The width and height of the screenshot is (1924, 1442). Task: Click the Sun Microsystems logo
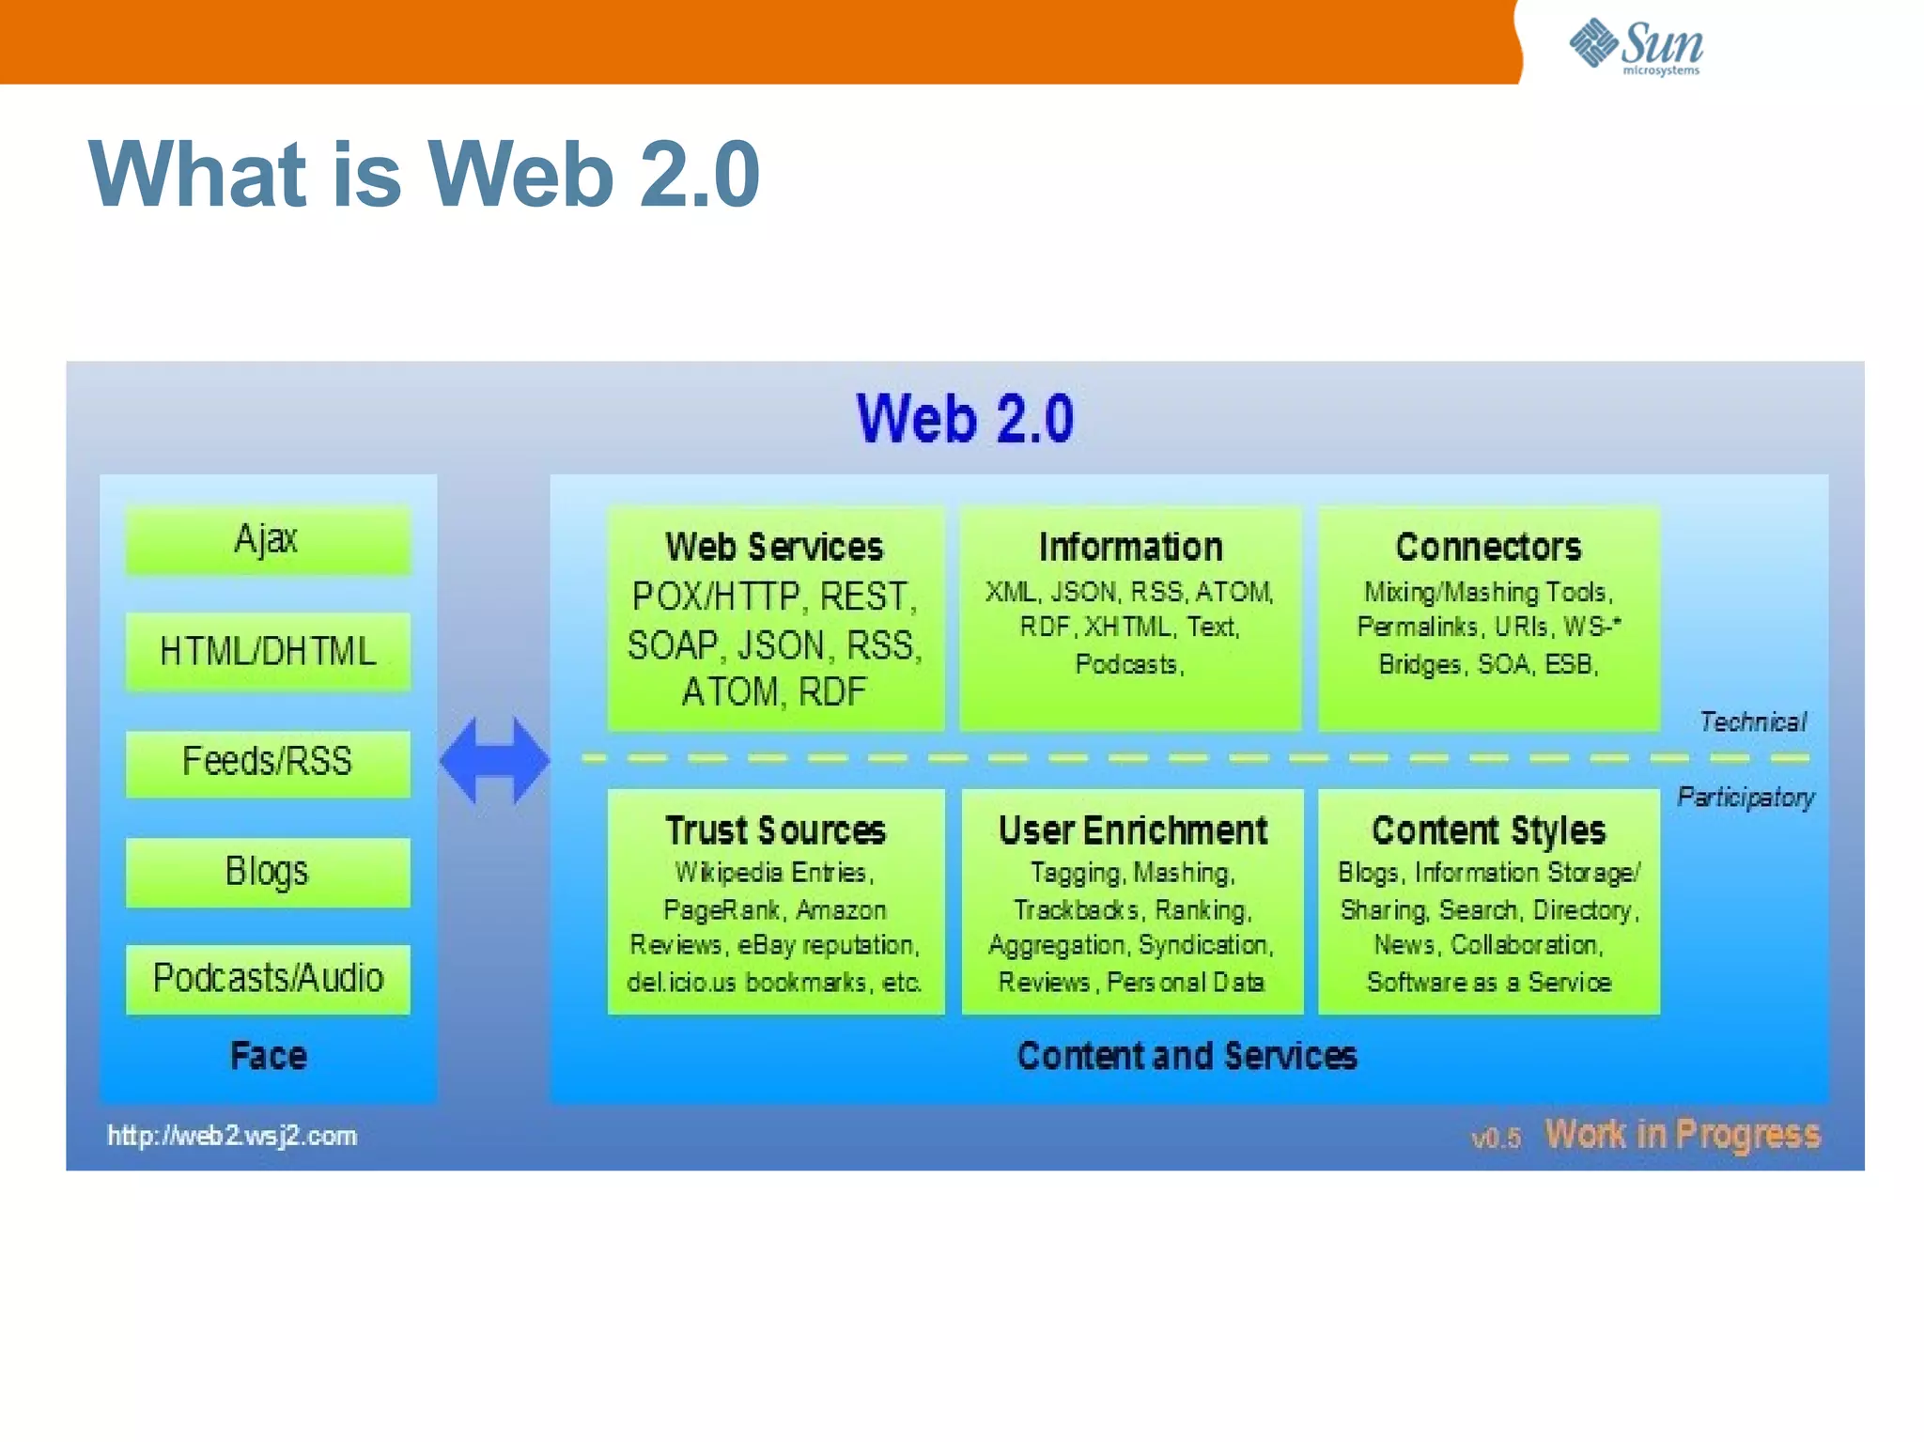[x=1635, y=45]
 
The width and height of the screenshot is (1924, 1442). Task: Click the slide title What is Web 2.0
[x=424, y=174]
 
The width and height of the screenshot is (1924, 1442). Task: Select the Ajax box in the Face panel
[x=268, y=539]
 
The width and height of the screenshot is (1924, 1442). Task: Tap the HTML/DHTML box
[x=268, y=651]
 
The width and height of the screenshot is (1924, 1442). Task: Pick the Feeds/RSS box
[x=268, y=762]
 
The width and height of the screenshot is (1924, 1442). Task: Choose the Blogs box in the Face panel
[x=268, y=872]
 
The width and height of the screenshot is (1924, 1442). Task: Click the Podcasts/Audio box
[x=268, y=979]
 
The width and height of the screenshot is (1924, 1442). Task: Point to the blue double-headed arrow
[x=494, y=760]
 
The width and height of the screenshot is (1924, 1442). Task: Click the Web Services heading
[x=774, y=547]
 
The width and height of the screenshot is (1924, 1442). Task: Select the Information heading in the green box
[x=1130, y=547]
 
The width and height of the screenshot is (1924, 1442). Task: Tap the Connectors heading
[x=1488, y=547]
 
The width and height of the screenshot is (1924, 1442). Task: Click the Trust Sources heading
[x=775, y=830]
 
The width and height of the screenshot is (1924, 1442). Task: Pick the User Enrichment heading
[x=1132, y=830]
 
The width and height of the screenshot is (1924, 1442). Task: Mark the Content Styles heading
[x=1488, y=830]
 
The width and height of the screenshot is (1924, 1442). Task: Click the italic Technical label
[x=1752, y=721]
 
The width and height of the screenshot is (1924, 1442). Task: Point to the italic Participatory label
[x=1746, y=797]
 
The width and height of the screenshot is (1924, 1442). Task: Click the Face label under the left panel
[x=269, y=1056]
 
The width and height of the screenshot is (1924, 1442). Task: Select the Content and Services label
[x=1187, y=1056]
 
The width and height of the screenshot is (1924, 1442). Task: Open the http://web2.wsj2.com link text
[x=232, y=1136]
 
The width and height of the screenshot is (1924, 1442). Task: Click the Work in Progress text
[x=1682, y=1135]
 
